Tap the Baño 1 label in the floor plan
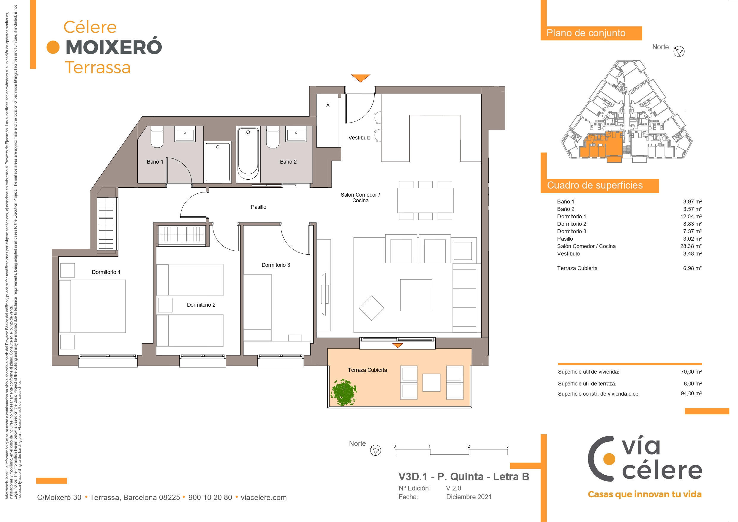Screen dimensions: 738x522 [155, 162]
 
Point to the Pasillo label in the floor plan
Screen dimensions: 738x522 [258, 207]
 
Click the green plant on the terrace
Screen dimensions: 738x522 [344, 392]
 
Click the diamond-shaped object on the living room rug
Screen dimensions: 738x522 [372, 308]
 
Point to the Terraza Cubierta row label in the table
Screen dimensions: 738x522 [577, 268]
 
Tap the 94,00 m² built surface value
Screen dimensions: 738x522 [691, 393]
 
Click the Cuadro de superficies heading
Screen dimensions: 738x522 [595, 185]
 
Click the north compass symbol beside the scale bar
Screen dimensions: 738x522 [376, 450]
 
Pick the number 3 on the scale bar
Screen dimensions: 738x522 [507, 446]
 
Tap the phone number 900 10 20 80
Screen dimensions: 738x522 [210, 497]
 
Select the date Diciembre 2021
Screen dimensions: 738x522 [469, 497]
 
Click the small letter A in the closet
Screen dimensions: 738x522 [328, 105]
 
